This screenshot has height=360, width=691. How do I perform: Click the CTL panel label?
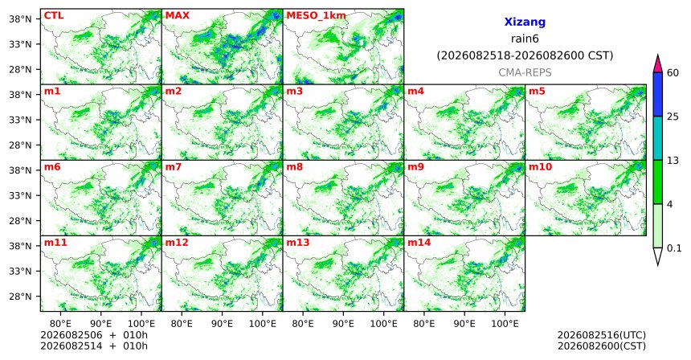[x=54, y=16]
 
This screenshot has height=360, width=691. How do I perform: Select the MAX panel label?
[x=177, y=16]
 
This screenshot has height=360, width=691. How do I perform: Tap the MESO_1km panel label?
[x=316, y=16]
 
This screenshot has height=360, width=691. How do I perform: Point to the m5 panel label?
[x=537, y=92]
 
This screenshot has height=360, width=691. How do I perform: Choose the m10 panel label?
[x=540, y=167]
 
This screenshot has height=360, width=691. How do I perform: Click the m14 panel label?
[x=419, y=243]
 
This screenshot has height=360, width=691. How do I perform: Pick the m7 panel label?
[x=174, y=167]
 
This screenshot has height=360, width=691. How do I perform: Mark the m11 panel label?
[x=55, y=243]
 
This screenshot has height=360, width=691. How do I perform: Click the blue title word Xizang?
[x=525, y=22]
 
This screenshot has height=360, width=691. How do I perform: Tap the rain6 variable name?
[x=525, y=39]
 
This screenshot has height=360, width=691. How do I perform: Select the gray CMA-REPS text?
[x=525, y=72]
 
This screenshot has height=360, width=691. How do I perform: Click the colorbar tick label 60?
[x=673, y=72]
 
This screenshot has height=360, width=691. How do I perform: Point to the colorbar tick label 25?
[x=673, y=117]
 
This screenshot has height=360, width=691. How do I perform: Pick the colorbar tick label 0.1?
[x=674, y=248]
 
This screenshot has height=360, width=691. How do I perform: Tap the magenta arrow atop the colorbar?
[x=658, y=64]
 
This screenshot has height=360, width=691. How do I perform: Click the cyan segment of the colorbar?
[x=658, y=138]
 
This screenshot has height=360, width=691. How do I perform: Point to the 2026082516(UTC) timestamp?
[x=602, y=336]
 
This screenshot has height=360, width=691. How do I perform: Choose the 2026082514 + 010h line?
[x=94, y=346]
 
